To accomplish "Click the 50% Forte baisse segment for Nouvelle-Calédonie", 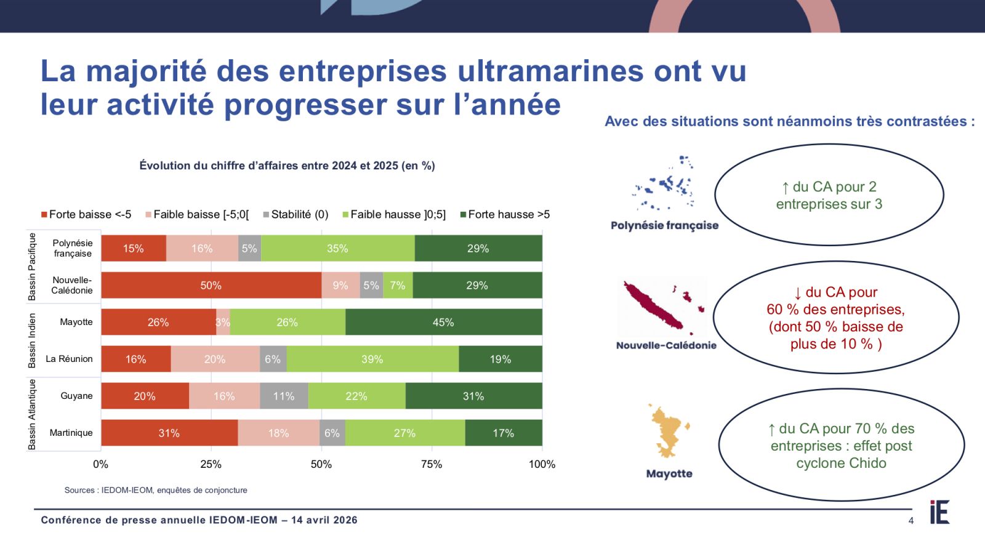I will (x=211, y=286).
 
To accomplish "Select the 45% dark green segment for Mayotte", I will (x=443, y=323).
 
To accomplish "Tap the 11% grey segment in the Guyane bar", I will (x=284, y=396).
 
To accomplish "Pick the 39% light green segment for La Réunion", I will (x=372, y=359).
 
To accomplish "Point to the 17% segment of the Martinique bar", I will (x=503, y=433).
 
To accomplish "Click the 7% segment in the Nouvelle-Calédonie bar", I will (x=398, y=286).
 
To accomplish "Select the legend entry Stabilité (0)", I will (x=295, y=214).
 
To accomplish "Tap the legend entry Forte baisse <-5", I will (x=86, y=214).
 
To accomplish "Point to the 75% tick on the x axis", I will (x=432, y=464).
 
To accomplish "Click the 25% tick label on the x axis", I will (x=211, y=464).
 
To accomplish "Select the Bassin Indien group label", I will (x=32, y=340).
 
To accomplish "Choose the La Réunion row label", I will (x=69, y=359).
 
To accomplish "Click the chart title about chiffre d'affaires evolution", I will (x=287, y=166).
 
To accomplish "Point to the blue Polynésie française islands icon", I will (x=665, y=185).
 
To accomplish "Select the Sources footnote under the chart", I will (x=156, y=490).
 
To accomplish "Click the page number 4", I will (x=911, y=521).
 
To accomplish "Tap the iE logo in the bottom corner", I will (x=939, y=512).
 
